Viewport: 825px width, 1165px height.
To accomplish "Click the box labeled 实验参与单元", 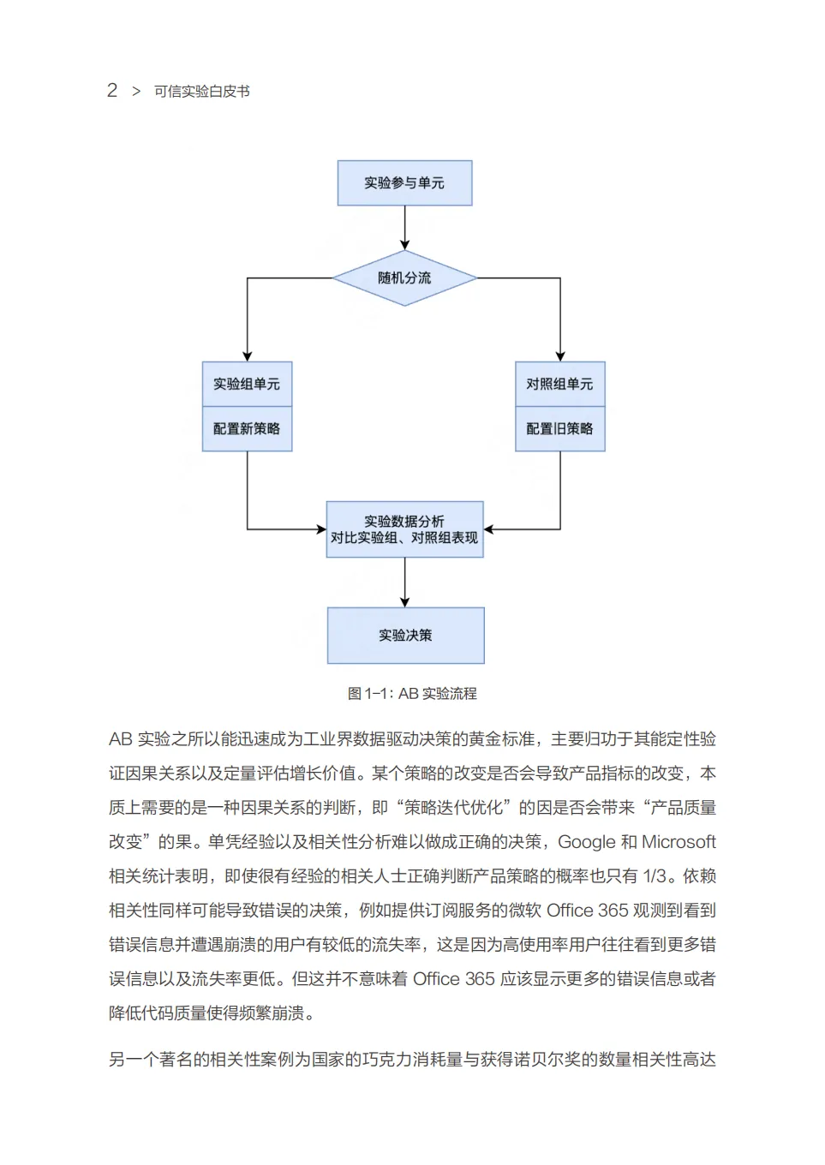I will [x=404, y=182].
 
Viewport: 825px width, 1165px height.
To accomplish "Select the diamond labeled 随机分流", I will [x=404, y=278].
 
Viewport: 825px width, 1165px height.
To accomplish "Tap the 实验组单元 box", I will [x=247, y=384].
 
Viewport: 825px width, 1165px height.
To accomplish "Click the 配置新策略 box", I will [x=247, y=428].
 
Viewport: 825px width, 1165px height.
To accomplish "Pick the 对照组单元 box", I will [x=559, y=384].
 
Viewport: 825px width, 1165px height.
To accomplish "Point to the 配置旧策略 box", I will [x=559, y=428].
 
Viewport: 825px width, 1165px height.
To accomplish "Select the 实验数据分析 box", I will [x=404, y=529].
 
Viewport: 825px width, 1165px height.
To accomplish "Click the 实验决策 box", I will [x=405, y=635].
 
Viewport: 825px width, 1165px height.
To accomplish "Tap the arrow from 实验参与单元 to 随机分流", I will [x=405, y=227].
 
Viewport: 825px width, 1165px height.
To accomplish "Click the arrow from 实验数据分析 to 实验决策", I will [x=405, y=582].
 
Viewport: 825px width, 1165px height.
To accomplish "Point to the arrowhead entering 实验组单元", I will [x=248, y=356].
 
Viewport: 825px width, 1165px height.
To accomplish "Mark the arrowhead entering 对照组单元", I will [x=560, y=356].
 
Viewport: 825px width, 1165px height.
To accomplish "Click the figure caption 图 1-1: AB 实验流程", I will [x=412, y=694].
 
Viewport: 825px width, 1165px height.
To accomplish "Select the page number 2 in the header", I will [x=112, y=91].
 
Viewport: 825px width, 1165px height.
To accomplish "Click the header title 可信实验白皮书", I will [x=202, y=92].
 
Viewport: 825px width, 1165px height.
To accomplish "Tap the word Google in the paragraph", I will [x=586, y=842].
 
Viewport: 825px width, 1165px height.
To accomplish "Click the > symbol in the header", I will [x=136, y=92].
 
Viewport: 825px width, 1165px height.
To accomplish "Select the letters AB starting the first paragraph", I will [x=120, y=739].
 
